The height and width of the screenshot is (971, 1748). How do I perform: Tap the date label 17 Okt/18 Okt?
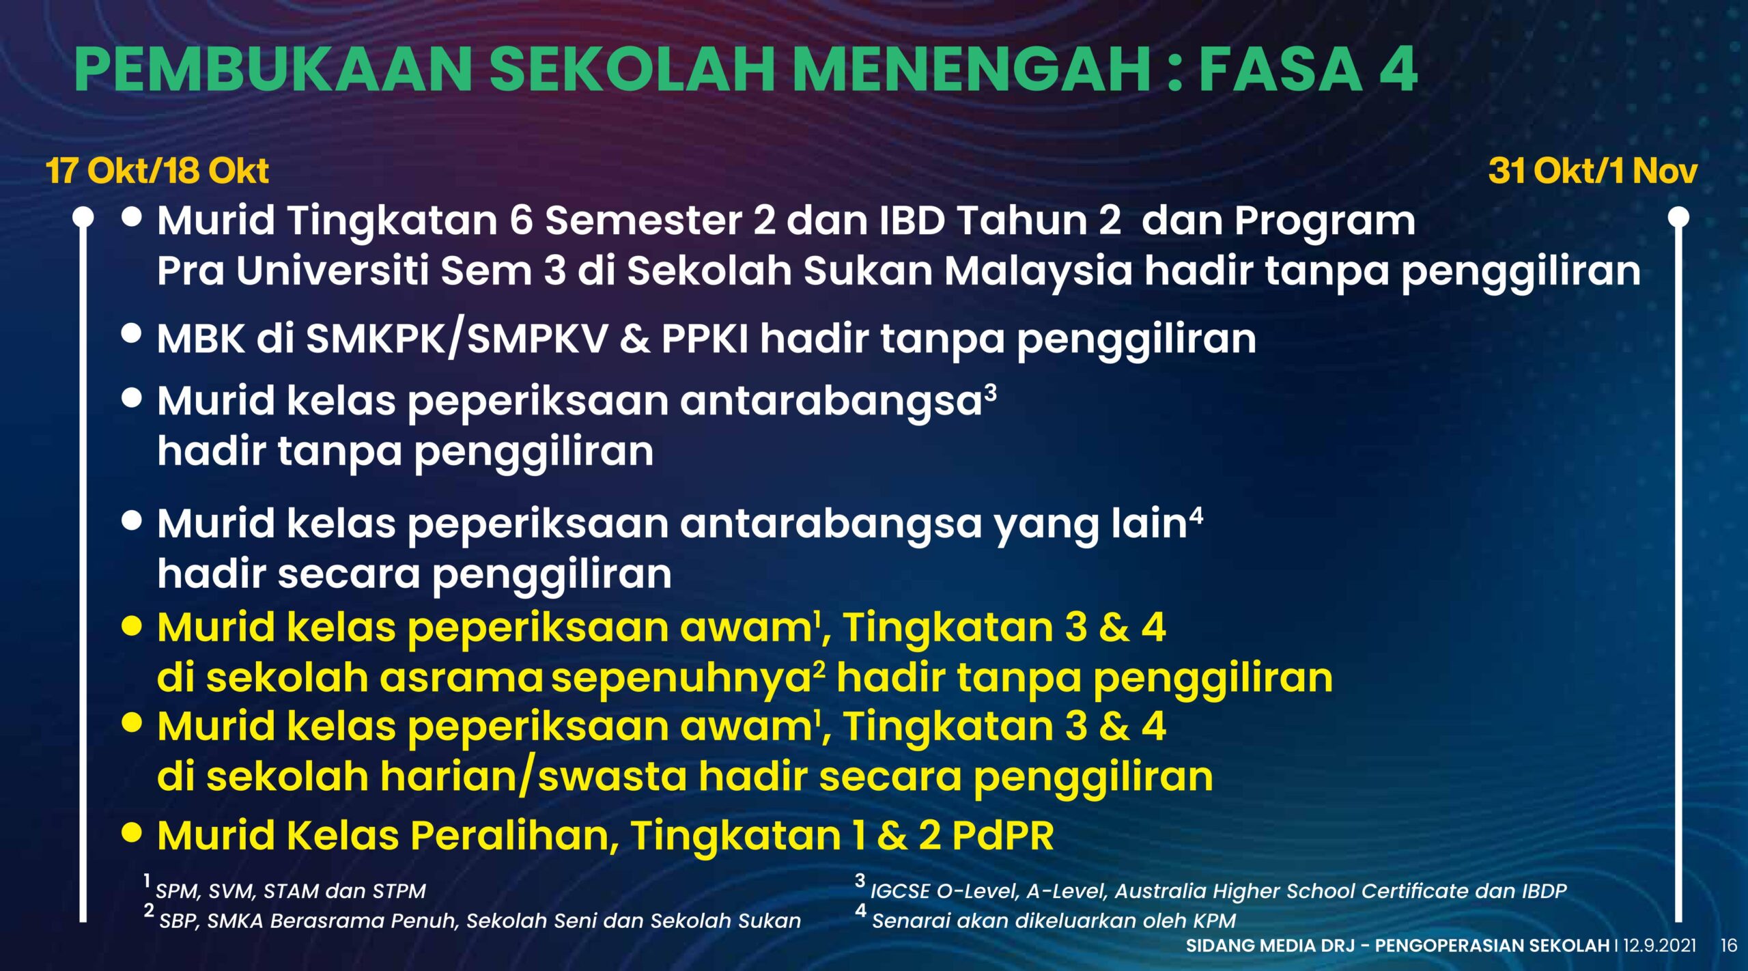(x=158, y=171)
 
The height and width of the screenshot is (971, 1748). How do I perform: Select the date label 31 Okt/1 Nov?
(x=1592, y=171)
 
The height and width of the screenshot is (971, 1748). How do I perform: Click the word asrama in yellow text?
(x=461, y=679)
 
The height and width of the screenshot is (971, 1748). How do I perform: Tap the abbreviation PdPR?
(x=1002, y=835)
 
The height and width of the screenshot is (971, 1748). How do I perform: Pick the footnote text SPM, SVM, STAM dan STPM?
(x=290, y=891)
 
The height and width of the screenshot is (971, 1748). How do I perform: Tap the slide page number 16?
(x=1729, y=946)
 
